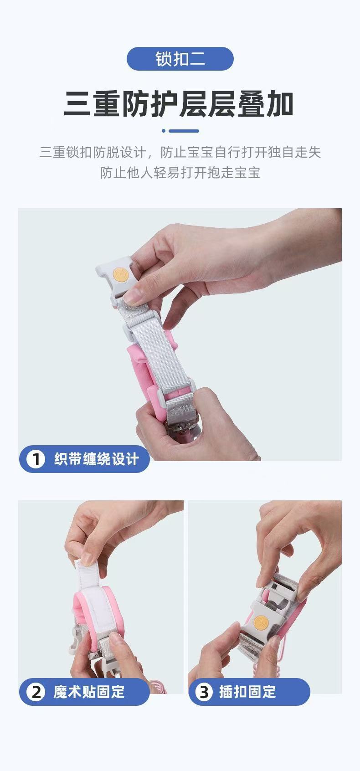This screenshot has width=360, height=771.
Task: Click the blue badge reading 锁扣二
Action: coord(180,59)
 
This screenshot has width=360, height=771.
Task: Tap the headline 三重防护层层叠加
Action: coord(179,103)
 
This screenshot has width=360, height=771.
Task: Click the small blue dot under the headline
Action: coord(164,131)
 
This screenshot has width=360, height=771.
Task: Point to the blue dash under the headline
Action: coord(184,131)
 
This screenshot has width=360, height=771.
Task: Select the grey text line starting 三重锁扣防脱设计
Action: coord(180,152)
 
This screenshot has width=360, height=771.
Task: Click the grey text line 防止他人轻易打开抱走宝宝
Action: coord(180,172)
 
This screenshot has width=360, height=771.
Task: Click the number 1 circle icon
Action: coord(36,459)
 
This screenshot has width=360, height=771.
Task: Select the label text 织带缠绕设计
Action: coord(97,459)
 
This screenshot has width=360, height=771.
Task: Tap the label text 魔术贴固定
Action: coord(89,692)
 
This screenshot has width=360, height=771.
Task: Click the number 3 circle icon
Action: coord(204,692)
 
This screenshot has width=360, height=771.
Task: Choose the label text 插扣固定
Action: coord(247,692)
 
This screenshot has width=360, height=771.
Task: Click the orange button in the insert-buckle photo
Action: coord(261,622)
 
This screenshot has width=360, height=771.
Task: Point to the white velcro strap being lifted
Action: coord(92,585)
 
